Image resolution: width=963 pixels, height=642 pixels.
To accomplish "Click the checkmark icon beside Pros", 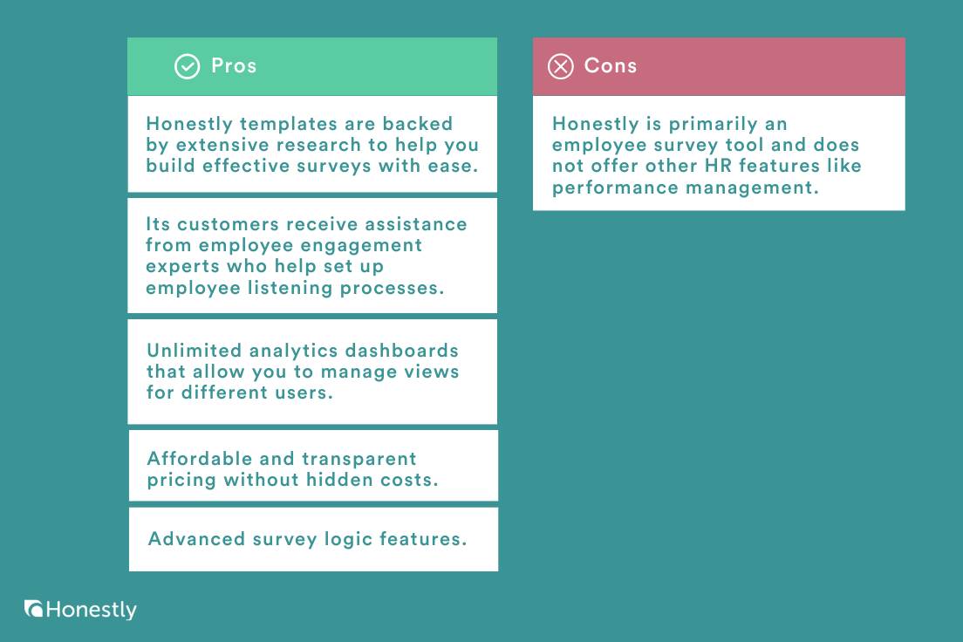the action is click(x=188, y=66).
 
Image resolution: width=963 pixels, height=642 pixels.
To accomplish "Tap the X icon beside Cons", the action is click(x=561, y=66).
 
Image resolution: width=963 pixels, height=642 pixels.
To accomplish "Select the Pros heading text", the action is click(x=234, y=65).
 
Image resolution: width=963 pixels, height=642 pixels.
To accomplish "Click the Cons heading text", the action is click(x=611, y=65).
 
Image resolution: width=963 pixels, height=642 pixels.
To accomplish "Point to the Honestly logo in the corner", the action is click(x=80, y=610).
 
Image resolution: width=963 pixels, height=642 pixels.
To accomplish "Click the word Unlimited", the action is click(x=194, y=350).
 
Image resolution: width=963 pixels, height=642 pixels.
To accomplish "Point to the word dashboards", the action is click(x=401, y=350).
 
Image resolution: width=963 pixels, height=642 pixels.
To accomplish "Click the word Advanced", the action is click(x=196, y=539).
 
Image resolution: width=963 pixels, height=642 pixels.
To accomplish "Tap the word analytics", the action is click(x=293, y=352).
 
